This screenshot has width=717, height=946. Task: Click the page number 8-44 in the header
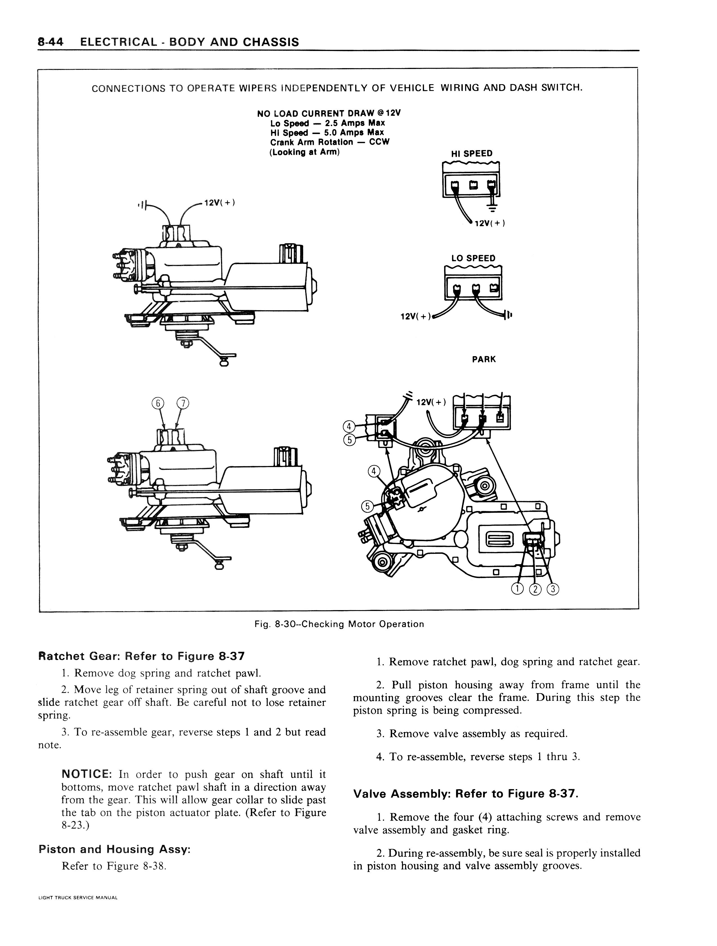click(x=50, y=42)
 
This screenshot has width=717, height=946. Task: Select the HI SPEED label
click(x=472, y=153)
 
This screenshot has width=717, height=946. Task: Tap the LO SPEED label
click(x=473, y=258)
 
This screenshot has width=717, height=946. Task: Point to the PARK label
click(x=484, y=359)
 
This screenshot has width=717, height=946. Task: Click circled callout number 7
click(x=183, y=403)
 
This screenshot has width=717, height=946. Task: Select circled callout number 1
click(x=517, y=589)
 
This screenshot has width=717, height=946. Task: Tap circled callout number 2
click(x=535, y=589)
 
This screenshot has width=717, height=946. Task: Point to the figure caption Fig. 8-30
click(x=339, y=624)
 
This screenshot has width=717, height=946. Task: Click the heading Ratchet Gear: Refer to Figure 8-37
click(x=141, y=656)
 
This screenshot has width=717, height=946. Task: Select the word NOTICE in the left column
click(x=87, y=774)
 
